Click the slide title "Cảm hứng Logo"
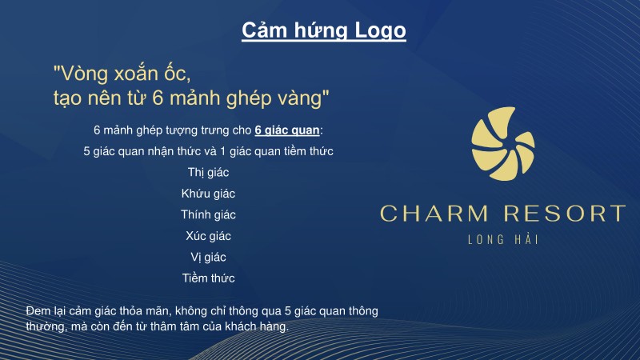tap(324, 30)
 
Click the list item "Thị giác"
tap(208, 172)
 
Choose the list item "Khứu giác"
tap(208, 194)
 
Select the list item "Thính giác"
tap(208, 214)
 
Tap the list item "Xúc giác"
tap(208, 236)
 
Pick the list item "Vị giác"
tap(208, 257)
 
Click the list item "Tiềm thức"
tap(208, 278)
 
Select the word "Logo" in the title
tap(379, 30)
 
